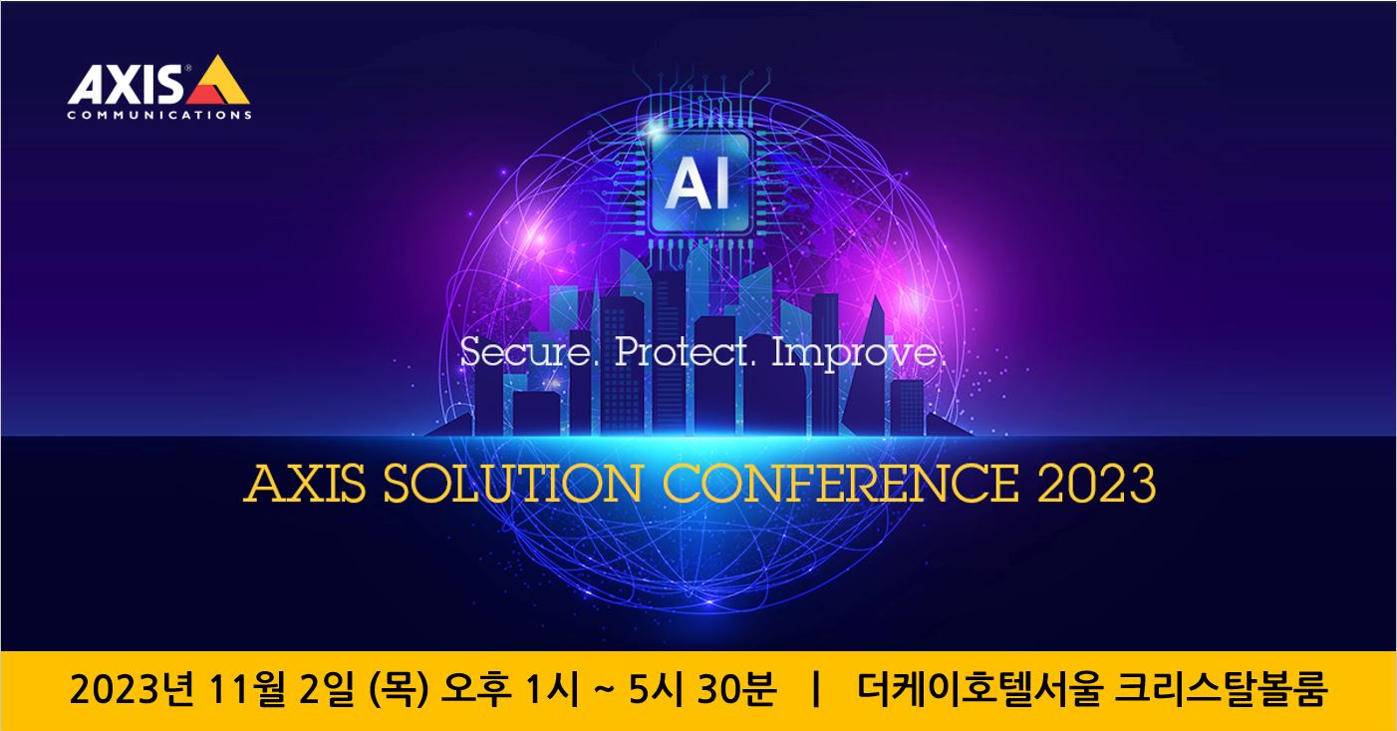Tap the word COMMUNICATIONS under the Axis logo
159,115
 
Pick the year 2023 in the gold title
1096,485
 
